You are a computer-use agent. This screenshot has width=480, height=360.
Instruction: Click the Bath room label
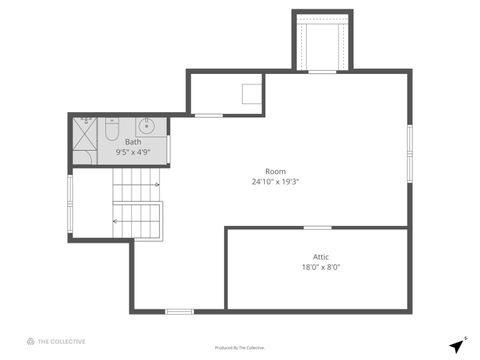pos(133,142)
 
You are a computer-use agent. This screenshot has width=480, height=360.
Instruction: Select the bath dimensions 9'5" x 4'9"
pos(133,153)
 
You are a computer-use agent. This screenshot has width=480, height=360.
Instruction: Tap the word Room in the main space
pos(275,171)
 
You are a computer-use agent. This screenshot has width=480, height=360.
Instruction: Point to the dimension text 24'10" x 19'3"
pos(276,182)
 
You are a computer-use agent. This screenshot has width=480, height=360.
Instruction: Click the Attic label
pos(321,256)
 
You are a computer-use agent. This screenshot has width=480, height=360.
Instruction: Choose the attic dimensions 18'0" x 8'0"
pos(321,267)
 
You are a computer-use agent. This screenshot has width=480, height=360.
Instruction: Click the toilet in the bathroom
pos(112,129)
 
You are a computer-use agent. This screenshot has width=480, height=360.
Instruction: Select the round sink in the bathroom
pos(147,126)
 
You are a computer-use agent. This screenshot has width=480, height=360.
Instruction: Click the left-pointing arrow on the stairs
pos(136,220)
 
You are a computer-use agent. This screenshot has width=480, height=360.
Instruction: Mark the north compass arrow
pos(456,344)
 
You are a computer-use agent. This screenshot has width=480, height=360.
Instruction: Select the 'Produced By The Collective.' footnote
pos(240,348)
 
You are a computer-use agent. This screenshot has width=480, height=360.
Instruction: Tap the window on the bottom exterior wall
pos(179,312)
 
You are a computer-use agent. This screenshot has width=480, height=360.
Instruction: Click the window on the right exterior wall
pos(409,146)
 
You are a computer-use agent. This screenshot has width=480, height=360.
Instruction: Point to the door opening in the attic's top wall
pos(317,228)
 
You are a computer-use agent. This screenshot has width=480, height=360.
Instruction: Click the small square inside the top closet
pos(252,94)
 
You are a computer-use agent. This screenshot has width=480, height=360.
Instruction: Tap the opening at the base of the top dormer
pos(322,71)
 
